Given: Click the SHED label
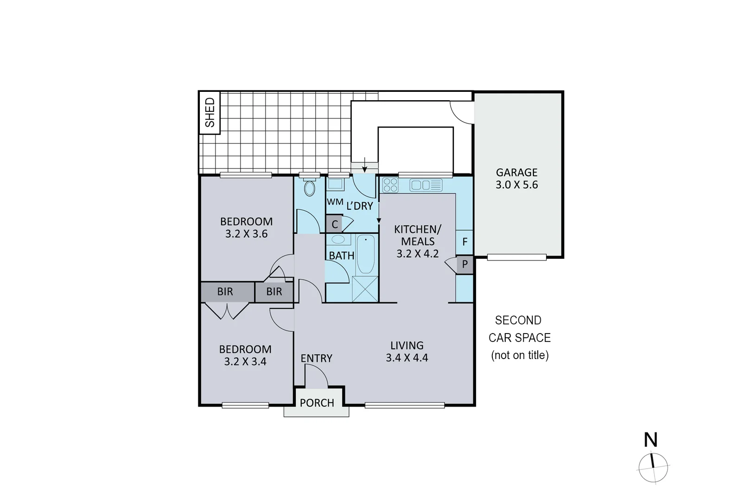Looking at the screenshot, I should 210,112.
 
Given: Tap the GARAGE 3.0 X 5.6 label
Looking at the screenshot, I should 516,179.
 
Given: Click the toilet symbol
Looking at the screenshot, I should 309,188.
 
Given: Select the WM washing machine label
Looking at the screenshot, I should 335,202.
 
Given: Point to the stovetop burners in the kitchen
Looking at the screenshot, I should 390,185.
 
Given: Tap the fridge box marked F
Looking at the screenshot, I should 465,242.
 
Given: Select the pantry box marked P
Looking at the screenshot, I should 465,265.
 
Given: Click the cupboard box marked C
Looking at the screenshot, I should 334,225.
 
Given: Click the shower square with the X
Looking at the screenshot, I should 365,289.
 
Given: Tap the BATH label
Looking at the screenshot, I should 341,256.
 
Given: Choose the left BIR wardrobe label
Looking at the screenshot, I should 225,292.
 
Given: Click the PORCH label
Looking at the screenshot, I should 317,403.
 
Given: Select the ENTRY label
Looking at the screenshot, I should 316,358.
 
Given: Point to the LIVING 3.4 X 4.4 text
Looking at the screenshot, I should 407,351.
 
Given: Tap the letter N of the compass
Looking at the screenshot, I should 651,440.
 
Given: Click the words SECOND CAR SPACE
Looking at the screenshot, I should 519,329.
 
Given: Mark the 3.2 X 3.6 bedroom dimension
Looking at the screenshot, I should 246,234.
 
